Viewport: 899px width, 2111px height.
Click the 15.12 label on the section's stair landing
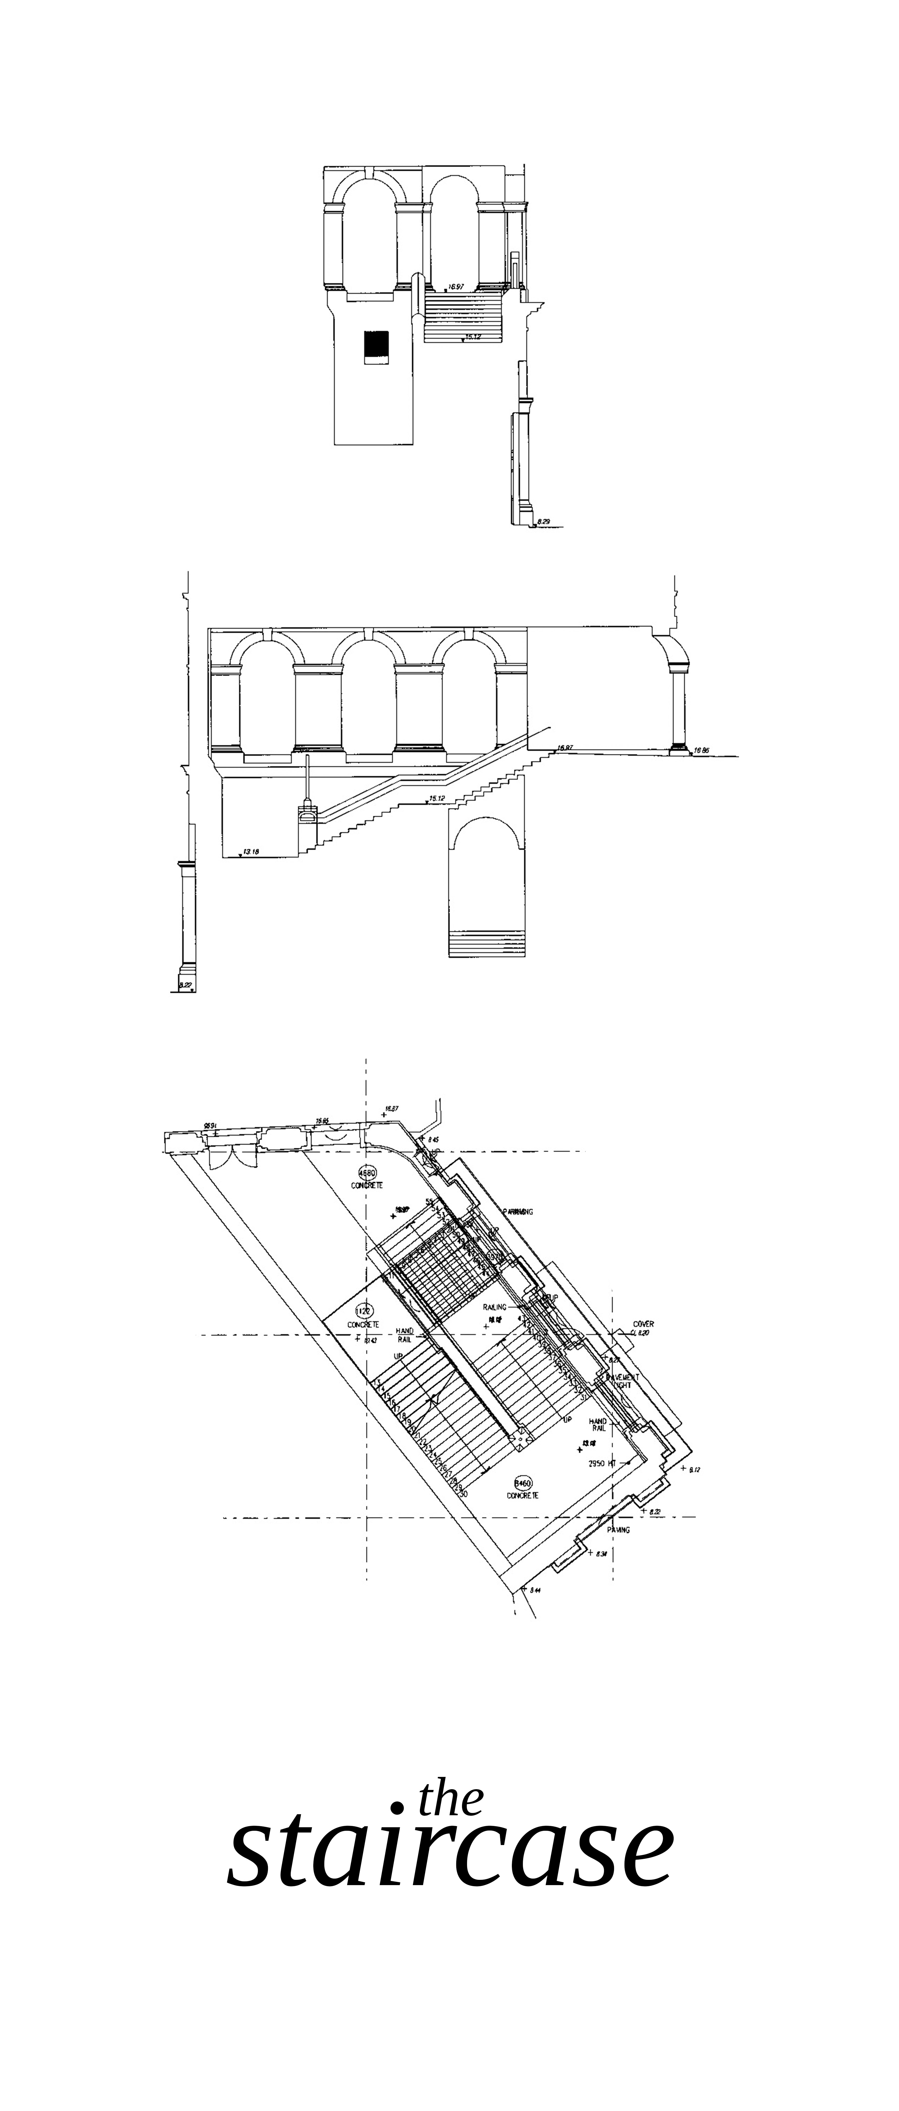tap(437, 798)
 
